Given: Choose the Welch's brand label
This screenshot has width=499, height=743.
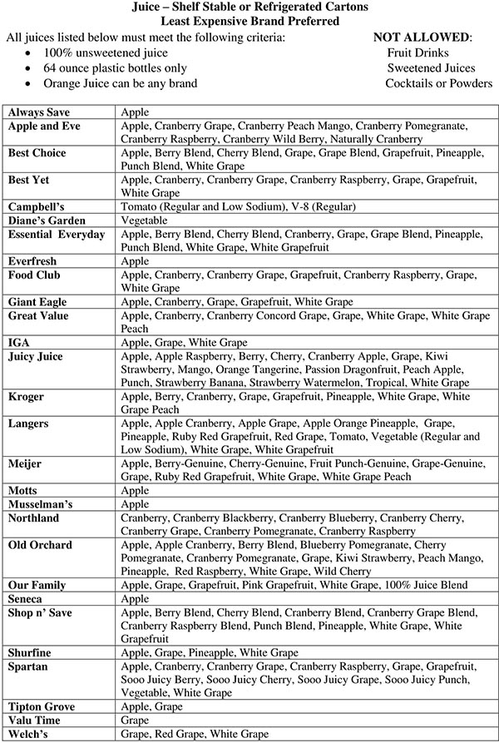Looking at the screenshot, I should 28,734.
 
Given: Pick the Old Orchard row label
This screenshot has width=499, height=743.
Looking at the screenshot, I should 39,545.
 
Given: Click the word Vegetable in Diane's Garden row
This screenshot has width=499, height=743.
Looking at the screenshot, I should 145,220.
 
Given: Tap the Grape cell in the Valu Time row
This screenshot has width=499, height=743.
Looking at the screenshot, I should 136,720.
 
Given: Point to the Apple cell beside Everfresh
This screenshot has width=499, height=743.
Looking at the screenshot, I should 135,261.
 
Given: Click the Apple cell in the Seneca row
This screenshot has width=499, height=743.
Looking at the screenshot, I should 135,599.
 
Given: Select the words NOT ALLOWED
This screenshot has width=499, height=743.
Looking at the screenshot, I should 422,37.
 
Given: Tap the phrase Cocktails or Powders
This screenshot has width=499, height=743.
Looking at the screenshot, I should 439,83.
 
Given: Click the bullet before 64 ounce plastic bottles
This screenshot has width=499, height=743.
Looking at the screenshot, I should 30,68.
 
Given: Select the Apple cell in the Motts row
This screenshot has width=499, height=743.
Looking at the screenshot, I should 135,490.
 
